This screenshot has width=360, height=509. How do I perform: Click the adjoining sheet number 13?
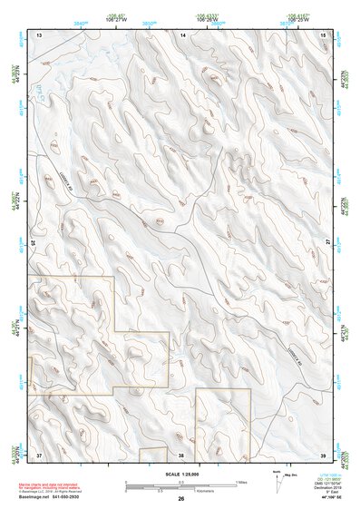39,34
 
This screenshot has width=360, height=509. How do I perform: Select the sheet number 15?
325,34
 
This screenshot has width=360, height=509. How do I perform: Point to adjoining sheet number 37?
39,454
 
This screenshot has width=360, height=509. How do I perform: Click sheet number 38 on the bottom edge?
181,454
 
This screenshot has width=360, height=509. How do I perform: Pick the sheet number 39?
325,454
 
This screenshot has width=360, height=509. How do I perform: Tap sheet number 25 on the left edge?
34,243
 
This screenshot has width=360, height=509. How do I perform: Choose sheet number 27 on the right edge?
329,243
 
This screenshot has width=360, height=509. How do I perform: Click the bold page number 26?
181,498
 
